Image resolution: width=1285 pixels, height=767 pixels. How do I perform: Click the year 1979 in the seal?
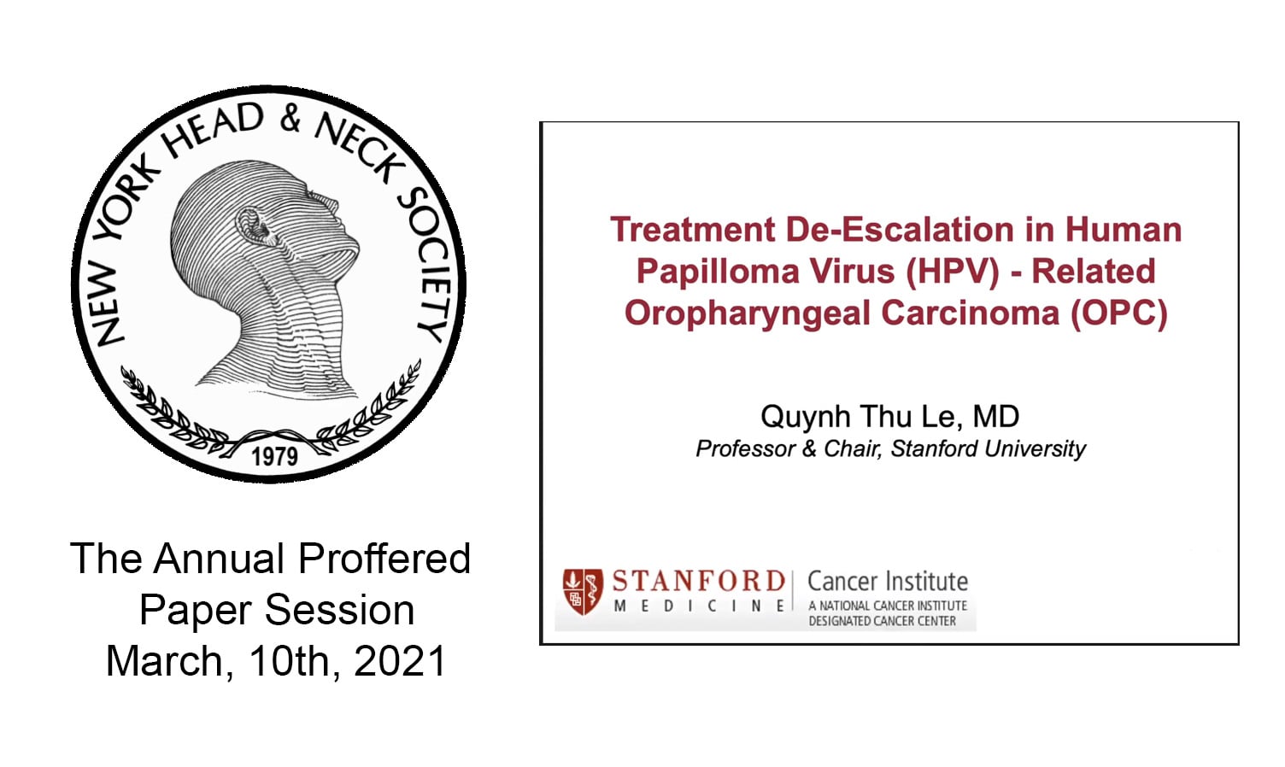tap(274, 456)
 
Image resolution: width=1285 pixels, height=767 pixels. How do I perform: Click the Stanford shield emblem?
tap(582, 591)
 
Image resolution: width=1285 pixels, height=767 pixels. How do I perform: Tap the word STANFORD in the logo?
tap(698, 582)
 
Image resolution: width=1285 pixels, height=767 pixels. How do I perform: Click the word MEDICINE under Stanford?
tap(699, 606)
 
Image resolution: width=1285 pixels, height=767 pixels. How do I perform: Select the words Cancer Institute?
tap(887, 582)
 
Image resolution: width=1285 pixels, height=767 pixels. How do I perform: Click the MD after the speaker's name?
tap(995, 417)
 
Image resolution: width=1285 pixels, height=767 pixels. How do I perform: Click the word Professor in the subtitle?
tap(745, 448)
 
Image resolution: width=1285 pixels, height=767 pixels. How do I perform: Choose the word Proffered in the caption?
tap(384, 559)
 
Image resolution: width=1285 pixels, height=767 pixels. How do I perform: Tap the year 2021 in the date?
tap(400, 661)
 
